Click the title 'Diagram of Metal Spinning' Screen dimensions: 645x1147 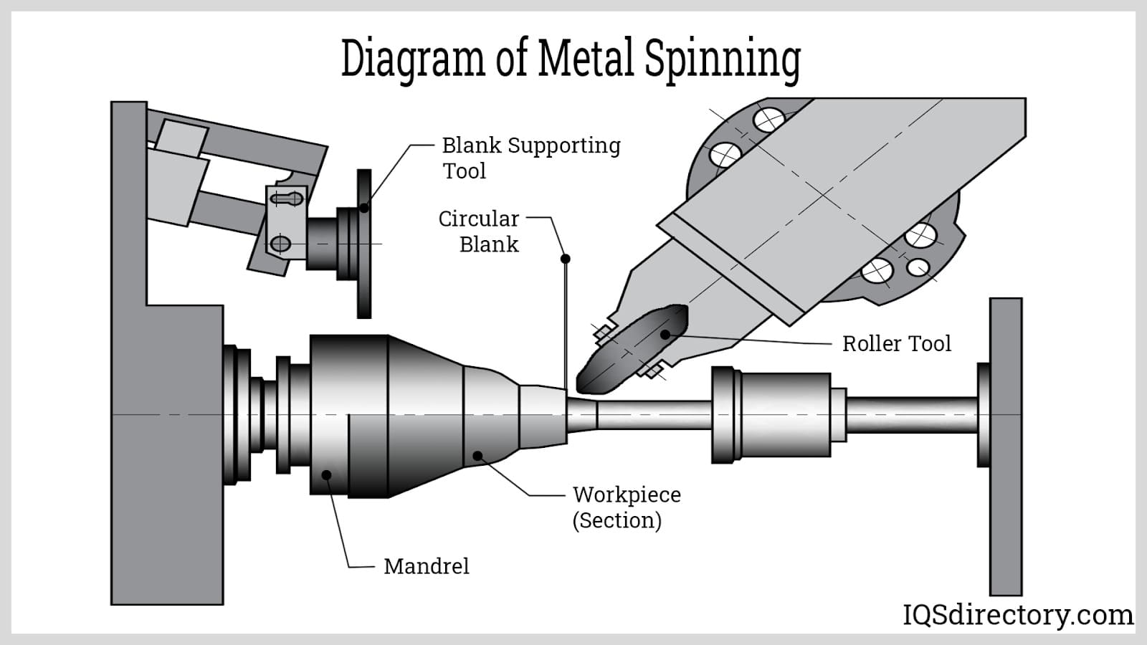pos(570,59)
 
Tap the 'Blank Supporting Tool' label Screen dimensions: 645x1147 pos(530,158)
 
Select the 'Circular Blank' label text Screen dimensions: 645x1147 pos(479,231)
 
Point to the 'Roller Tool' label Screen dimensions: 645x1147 pos(896,344)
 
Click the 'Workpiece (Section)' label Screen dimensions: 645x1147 pos(626,507)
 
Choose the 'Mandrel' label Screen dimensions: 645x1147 pos(426,566)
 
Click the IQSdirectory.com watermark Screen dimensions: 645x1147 pos(1017,615)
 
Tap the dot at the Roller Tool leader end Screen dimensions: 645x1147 pos(666,334)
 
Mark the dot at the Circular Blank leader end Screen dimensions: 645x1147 pos(566,259)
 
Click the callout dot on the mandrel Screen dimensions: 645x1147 pos(327,474)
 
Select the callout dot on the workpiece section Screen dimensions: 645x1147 pos(477,455)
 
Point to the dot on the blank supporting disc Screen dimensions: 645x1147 pos(364,208)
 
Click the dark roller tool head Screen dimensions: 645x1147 pos(631,351)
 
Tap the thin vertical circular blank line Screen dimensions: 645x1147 pos(566,322)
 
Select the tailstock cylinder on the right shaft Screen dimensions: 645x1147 pos(784,415)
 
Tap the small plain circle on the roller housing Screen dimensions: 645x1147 pos(918,267)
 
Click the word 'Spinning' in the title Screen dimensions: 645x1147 pos(722,59)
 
